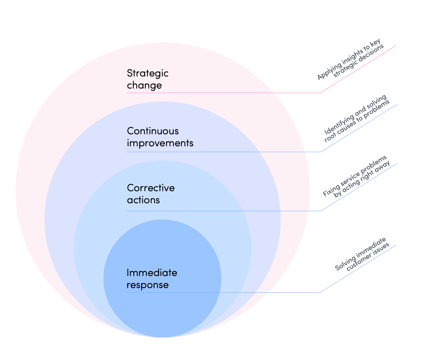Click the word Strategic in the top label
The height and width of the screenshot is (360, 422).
147,74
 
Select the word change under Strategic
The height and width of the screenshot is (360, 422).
144,86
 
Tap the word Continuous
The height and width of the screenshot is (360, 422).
153,131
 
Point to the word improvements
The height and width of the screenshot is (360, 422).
160,143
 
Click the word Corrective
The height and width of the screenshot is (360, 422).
151,188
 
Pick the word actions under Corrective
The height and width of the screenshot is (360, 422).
143,200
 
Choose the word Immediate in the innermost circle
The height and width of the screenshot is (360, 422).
152,273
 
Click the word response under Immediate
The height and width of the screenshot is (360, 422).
147,285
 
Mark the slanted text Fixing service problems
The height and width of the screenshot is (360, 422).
354,176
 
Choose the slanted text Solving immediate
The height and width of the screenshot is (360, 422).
360,254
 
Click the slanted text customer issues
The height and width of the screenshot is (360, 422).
368,257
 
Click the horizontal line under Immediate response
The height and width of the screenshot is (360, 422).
224,292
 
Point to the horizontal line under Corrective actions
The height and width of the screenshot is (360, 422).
224,211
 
